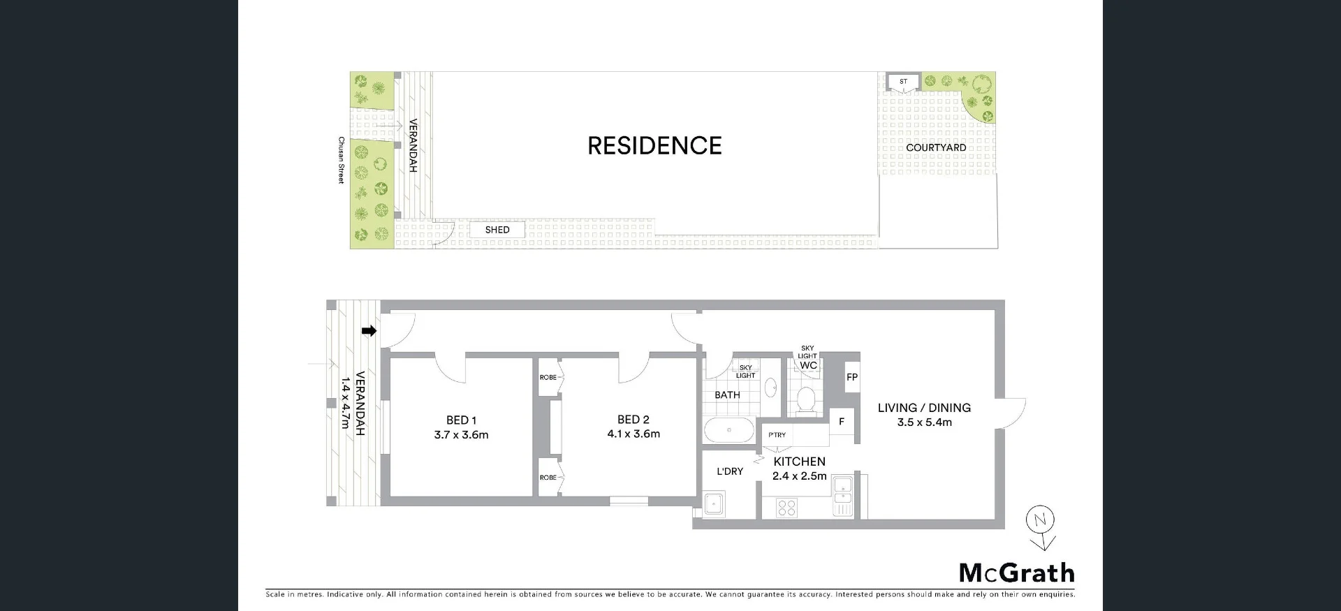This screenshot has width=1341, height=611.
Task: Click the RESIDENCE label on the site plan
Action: (654, 146)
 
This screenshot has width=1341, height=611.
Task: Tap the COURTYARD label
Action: (936, 148)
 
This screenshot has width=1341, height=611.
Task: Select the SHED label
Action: (497, 230)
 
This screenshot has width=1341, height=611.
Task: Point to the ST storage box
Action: (903, 82)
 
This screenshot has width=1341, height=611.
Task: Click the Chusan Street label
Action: (342, 160)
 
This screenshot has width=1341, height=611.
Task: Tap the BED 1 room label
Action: (461, 420)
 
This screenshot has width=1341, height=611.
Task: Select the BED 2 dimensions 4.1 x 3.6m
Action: (633, 434)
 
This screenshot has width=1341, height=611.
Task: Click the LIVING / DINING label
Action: (924, 408)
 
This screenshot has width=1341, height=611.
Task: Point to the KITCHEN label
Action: (799, 462)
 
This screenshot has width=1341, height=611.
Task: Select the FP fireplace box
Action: (852, 377)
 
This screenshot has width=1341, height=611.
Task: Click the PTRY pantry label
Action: (777, 435)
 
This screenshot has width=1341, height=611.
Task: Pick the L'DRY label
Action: (730, 471)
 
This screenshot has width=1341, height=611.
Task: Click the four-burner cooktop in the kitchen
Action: (786, 507)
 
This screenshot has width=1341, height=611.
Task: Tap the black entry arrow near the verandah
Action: (369, 331)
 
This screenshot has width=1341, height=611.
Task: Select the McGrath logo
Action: (1016, 573)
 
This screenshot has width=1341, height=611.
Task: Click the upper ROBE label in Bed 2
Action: (548, 378)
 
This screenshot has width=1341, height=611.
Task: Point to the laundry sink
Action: (714, 503)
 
